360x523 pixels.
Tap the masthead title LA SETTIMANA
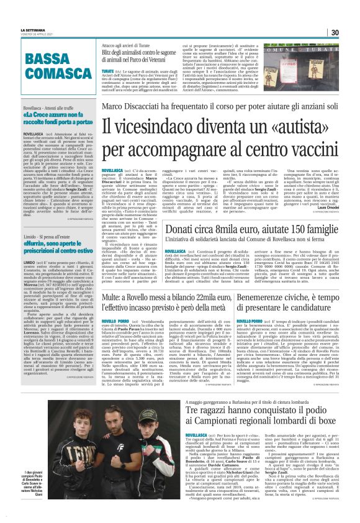coord(33,30)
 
